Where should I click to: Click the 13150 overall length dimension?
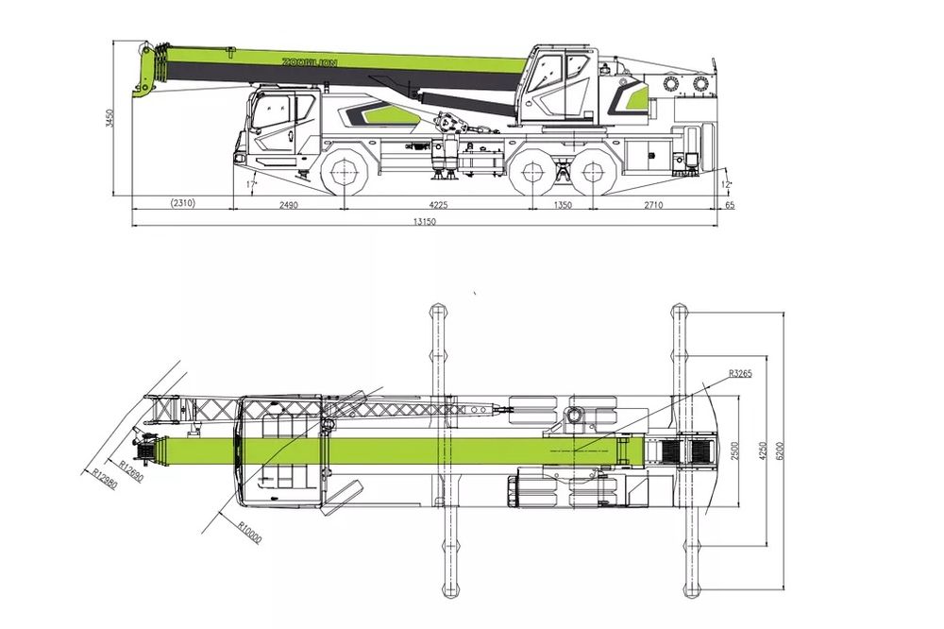425,221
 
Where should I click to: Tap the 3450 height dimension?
109,119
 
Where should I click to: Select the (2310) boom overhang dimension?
182,203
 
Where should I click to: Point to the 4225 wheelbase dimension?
438,205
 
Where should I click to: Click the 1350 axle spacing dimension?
563,205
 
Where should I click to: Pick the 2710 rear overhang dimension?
653,205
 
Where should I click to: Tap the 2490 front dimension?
288,205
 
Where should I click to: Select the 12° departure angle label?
725,185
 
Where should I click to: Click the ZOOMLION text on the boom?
310,62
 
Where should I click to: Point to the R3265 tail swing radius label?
740,374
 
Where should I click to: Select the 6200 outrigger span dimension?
781,450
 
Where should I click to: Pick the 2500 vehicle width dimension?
734,450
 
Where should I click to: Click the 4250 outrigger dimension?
763,450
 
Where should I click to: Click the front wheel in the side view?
344,172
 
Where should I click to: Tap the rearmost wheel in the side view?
593,172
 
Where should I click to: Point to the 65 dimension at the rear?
731,206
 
